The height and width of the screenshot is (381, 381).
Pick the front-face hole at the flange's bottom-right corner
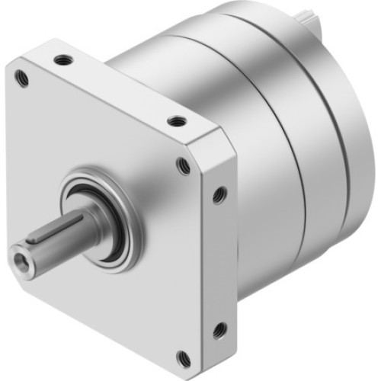[x=183, y=356]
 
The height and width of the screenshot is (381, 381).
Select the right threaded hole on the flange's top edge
[x=176, y=120]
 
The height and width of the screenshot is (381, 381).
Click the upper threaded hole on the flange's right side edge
[x=219, y=195]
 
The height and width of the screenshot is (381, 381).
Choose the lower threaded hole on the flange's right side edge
[x=219, y=329]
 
